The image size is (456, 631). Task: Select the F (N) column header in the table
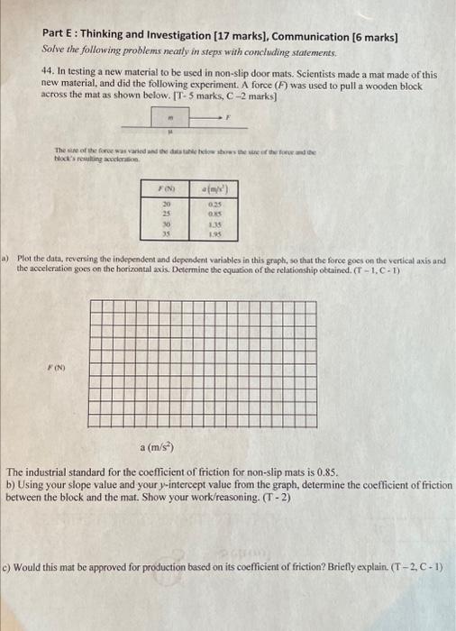[x=166, y=187]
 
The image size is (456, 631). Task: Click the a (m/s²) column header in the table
[x=215, y=187]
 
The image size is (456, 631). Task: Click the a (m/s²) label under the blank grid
[x=159, y=447]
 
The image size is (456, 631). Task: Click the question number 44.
[x=50, y=75]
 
